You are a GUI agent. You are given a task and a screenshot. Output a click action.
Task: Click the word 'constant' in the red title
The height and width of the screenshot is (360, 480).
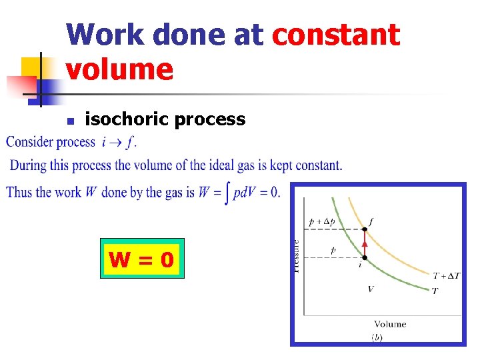pos(337,35)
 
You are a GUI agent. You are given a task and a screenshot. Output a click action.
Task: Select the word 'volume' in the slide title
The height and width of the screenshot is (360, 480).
pos(120,69)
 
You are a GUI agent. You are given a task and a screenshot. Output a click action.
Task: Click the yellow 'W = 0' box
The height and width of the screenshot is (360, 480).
pos(142,258)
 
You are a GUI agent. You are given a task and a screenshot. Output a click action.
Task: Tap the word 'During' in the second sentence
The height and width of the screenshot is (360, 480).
pos(28,165)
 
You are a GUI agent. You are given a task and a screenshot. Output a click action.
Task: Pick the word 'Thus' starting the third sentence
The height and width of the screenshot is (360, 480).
pos(19,192)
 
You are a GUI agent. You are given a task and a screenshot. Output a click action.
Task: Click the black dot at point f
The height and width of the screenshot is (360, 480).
pos(365,230)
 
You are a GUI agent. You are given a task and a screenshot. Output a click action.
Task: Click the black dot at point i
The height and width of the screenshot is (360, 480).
pos(364,257)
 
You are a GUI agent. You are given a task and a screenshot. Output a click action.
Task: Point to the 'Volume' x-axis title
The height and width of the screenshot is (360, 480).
pos(390,324)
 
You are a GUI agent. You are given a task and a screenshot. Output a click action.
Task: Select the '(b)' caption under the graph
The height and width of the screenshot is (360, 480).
pos(377,338)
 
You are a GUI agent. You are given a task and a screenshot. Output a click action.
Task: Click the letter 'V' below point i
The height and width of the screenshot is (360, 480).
pos(371,289)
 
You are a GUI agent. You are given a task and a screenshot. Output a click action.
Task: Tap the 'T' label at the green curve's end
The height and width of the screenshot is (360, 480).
pos(435,291)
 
